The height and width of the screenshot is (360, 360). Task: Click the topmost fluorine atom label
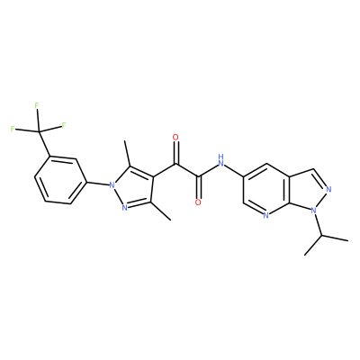pyautogui.click(x=37, y=105)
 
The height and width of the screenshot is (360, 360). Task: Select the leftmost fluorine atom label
pyautogui.click(x=13, y=129)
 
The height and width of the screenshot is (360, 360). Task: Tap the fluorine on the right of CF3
pyautogui.click(x=64, y=125)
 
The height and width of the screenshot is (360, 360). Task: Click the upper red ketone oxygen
pyautogui.click(x=175, y=138)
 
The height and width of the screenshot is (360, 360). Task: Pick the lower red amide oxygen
pyautogui.click(x=198, y=202)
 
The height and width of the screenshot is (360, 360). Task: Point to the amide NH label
pyautogui.click(x=221, y=160)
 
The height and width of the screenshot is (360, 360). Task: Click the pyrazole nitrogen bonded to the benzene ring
pyautogui.click(x=112, y=185)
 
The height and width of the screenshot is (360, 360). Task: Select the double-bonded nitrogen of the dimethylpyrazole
pyautogui.click(x=125, y=208)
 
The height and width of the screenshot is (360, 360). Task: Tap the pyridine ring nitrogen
pyautogui.click(x=265, y=215)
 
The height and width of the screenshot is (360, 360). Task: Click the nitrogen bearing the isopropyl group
pyautogui.click(x=314, y=211)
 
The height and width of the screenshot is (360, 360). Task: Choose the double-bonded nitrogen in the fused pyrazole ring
pyautogui.click(x=328, y=189)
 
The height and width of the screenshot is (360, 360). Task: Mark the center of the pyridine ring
pyautogui.click(x=266, y=189)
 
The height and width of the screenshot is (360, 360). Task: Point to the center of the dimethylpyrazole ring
pyautogui.click(x=134, y=188)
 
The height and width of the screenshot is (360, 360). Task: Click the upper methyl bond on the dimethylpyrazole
pyautogui.click(x=128, y=155)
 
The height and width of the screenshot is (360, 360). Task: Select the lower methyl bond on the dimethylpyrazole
pyautogui.click(x=160, y=211)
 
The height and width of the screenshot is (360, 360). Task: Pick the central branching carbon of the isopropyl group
pyautogui.click(x=321, y=235)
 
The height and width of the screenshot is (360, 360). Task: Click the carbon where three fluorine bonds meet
pyautogui.click(x=40, y=131)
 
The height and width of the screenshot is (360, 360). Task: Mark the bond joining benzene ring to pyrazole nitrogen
pyautogui.click(x=98, y=183)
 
